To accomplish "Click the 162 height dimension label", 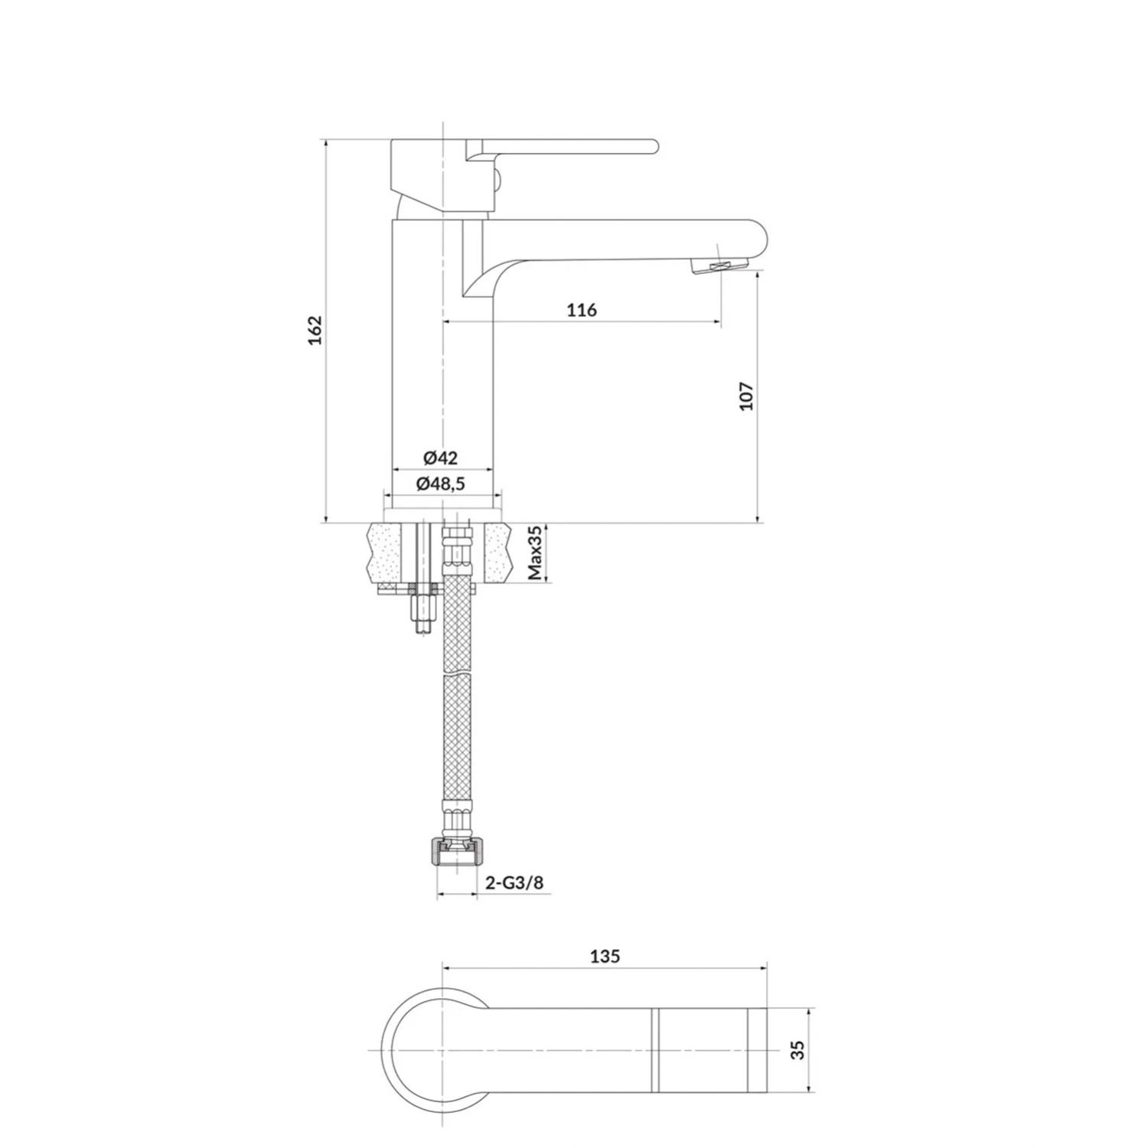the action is (316, 330).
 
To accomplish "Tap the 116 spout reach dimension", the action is (582, 310).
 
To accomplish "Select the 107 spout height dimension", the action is (747, 396).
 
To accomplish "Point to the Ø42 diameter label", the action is (440, 458).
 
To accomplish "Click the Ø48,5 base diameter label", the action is (441, 484).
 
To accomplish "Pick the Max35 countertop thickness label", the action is (536, 553).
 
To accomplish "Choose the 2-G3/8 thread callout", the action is (514, 882).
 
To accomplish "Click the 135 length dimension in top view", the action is (605, 956).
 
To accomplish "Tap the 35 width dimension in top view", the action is (799, 1050).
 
